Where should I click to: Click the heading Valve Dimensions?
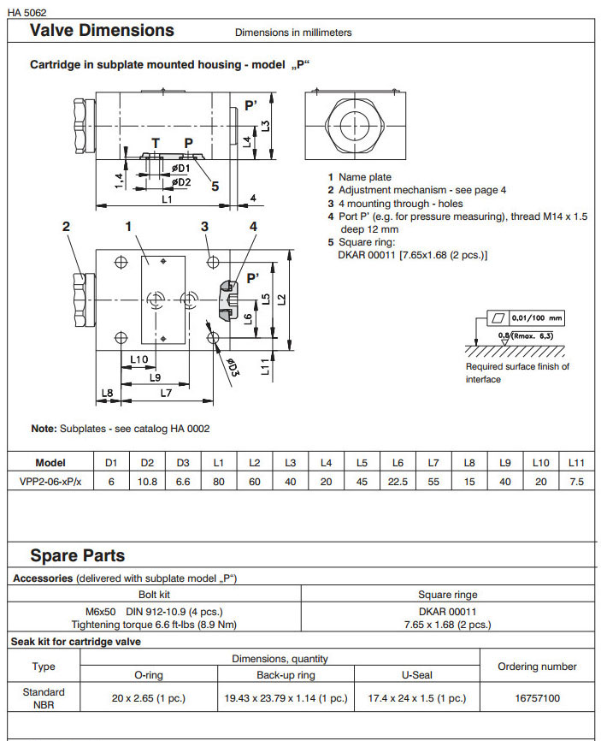pyautogui.click(x=102, y=31)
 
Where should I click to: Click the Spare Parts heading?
pyautogui.click(x=78, y=555)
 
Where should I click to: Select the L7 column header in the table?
pyautogui.click(x=433, y=463)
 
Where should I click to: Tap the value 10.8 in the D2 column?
pyautogui.click(x=146, y=482)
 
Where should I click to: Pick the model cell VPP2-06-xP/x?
pyautogui.click(x=50, y=482)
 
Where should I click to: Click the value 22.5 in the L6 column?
pyautogui.click(x=398, y=482)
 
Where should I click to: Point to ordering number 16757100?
pyautogui.click(x=537, y=698)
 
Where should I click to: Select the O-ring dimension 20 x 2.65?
pyautogui.click(x=149, y=698)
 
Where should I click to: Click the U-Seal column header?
pyautogui.click(x=416, y=675)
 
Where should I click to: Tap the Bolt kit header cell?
pyautogui.click(x=156, y=594)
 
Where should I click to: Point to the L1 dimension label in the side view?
pyautogui.click(x=168, y=199)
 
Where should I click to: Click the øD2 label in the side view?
pyautogui.click(x=180, y=181)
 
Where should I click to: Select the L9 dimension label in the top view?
pyautogui.click(x=155, y=376)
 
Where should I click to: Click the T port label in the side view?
pyautogui.click(x=155, y=143)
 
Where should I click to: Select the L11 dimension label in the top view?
pyautogui.click(x=267, y=369)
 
